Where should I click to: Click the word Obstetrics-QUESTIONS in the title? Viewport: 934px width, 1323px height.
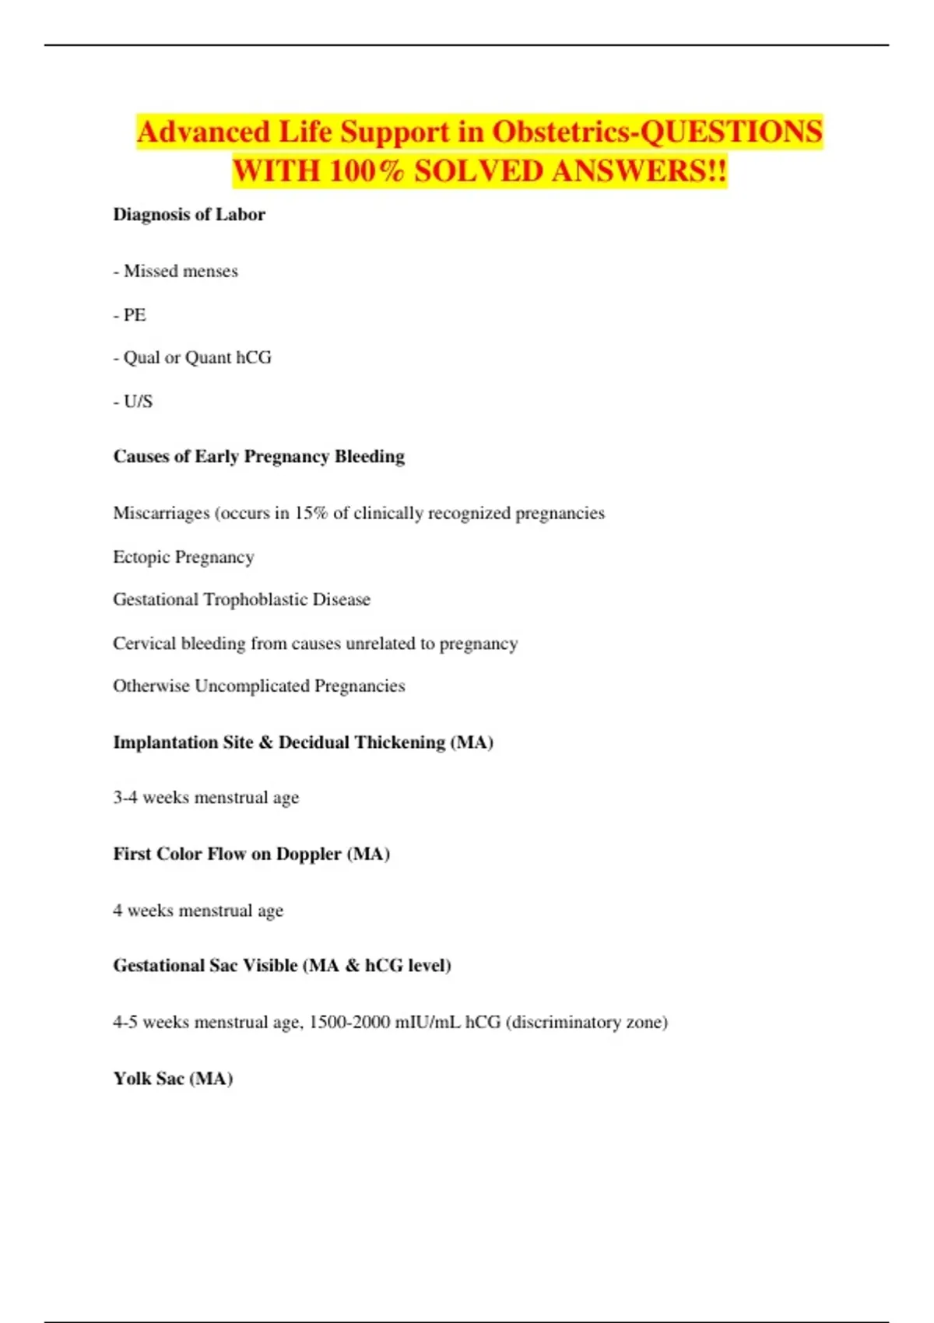click(x=657, y=132)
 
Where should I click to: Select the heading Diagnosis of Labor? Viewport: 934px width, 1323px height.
click(x=189, y=215)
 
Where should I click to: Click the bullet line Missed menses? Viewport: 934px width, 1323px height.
click(x=176, y=272)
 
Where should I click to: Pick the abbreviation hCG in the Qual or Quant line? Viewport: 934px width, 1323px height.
click(x=254, y=358)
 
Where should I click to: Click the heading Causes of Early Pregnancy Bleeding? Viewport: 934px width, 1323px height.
click(x=259, y=457)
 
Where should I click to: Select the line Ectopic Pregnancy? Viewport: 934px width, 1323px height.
click(x=184, y=557)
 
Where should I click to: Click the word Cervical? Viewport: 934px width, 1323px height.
click(x=144, y=644)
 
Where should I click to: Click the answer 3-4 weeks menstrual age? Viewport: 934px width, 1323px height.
click(x=206, y=798)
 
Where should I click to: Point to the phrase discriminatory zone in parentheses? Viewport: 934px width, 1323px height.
click(x=587, y=1023)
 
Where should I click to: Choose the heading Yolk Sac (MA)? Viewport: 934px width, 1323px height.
click(x=174, y=1079)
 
